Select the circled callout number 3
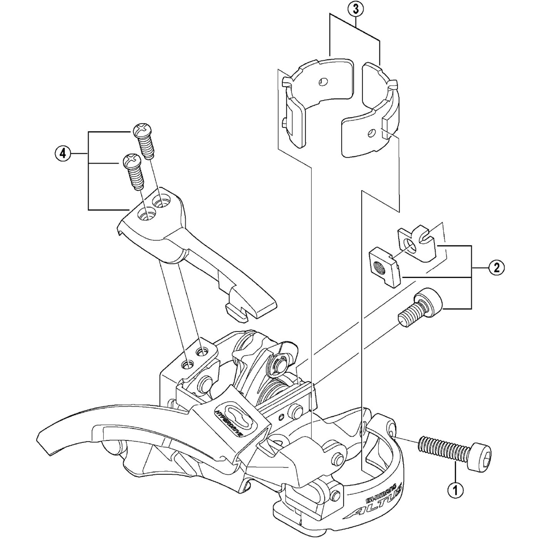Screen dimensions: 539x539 coord(355,9)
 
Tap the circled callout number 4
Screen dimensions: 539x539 coord(63,153)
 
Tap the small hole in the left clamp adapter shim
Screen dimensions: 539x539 coord(324,82)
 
